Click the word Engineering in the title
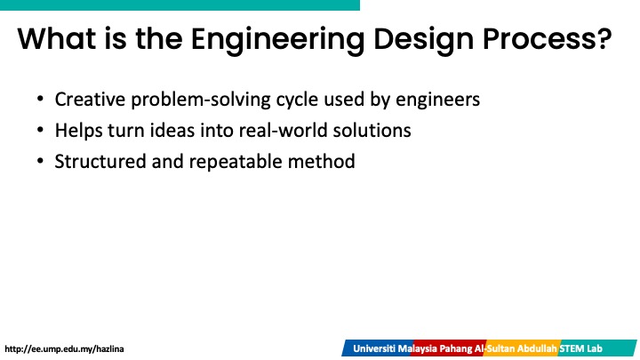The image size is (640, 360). (277, 40)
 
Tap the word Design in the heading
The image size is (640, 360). (424, 40)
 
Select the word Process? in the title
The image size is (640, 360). (548, 39)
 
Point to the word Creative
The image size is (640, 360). (90, 100)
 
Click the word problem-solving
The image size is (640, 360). (200, 100)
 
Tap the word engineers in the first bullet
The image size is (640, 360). (437, 100)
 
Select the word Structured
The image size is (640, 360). (100, 162)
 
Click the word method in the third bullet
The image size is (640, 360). (321, 162)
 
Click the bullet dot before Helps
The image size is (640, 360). (40, 130)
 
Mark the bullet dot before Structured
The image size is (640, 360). (40, 161)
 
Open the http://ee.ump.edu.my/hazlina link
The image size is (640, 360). (64, 349)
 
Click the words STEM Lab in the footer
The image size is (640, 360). (580, 349)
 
